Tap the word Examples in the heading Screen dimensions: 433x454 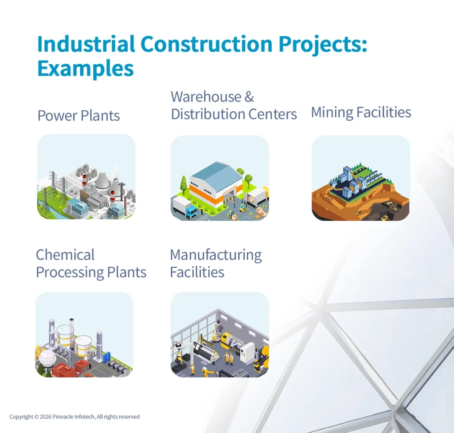pyautogui.click(x=85, y=68)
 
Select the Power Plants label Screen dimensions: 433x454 pyautogui.click(x=78, y=116)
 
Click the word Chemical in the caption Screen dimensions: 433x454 pyautogui.click(x=65, y=255)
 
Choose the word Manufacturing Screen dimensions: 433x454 pyautogui.click(x=216, y=255)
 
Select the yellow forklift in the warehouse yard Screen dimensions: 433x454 pyautogui.click(x=243, y=206)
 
